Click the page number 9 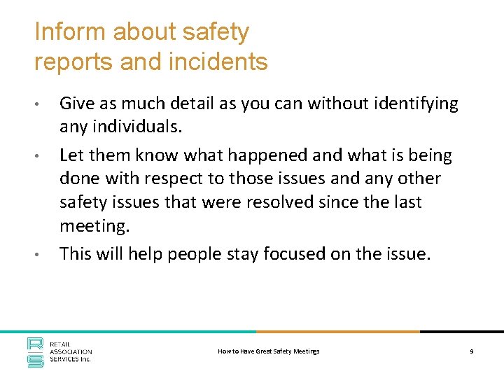[x=472, y=351]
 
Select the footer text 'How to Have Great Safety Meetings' [x=269, y=351]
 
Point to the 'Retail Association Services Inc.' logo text [x=70, y=353]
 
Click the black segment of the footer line [x=462, y=332]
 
